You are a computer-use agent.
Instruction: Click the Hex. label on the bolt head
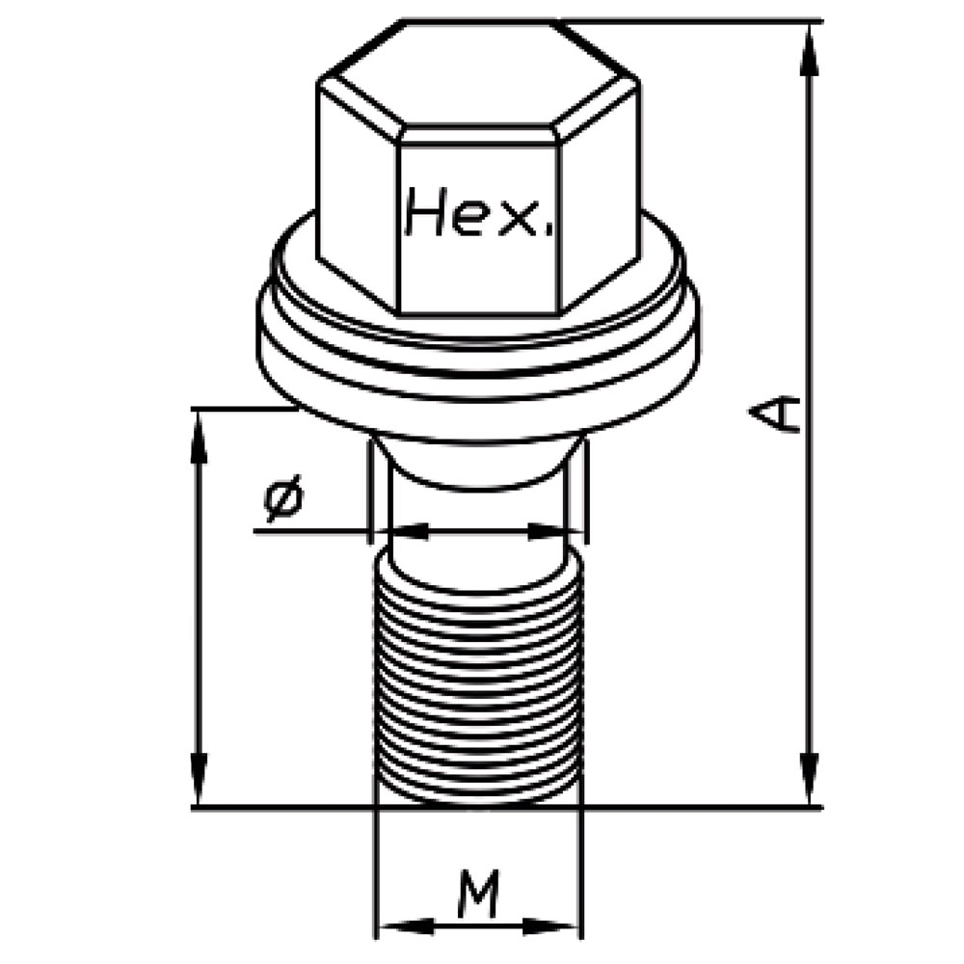click(479, 212)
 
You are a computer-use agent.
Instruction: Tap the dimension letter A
click(776, 414)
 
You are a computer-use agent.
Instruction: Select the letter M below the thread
click(478, 894)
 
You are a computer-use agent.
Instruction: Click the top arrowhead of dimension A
click(811, 50)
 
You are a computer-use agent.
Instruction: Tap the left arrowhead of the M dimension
click(406, 926)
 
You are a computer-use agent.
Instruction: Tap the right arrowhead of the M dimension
click(550, 926)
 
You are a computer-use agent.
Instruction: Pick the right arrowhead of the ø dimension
click(553, 531)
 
